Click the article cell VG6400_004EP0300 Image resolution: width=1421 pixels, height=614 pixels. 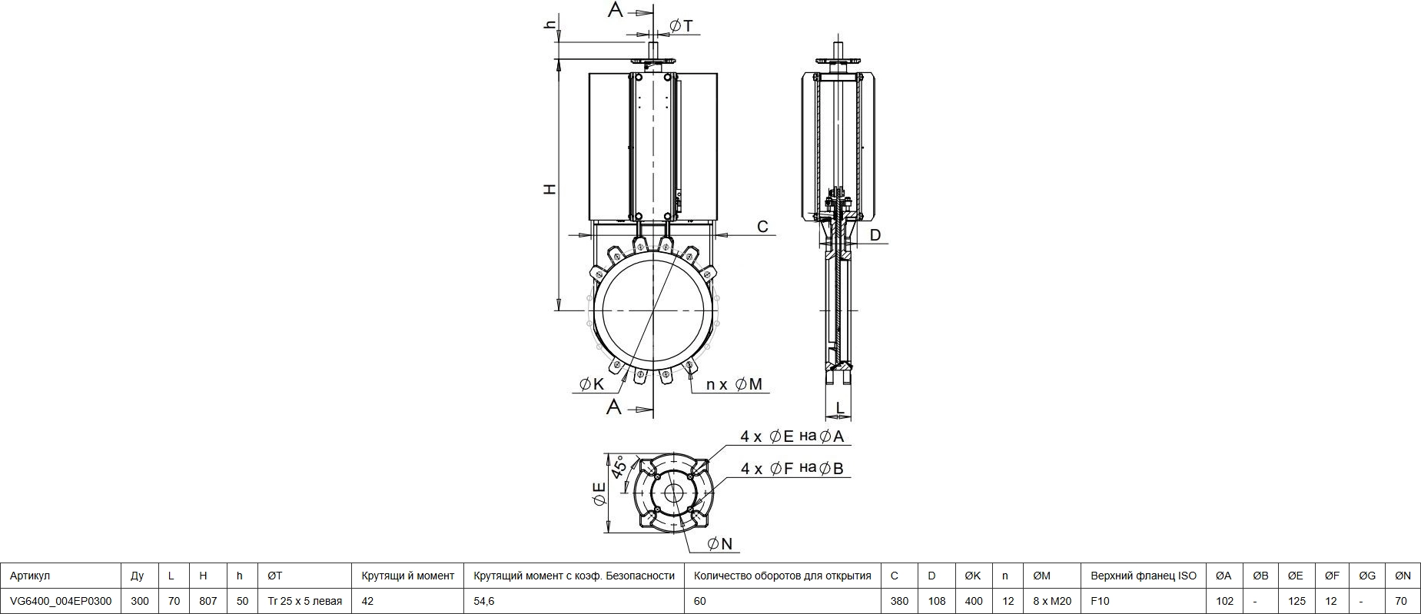click(x=61, y=601)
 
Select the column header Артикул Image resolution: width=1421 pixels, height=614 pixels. click(x=30, y=576)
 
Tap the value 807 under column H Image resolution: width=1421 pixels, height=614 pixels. click(x=208, y=601)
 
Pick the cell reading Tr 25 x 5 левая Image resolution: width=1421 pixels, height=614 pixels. click(x=304, y=601)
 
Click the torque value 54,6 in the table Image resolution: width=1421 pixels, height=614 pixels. click(x=484, y=601)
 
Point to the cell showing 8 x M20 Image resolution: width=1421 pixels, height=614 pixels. click(x=1052, y=601)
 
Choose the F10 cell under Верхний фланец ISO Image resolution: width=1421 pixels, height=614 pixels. click(x=1101, y=601)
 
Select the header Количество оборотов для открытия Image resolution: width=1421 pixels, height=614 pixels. click(x=782, y=576)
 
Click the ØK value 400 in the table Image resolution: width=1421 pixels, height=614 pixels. click(x=973, y=601)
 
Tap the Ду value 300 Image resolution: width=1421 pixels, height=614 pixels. click(x=140, y=601)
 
